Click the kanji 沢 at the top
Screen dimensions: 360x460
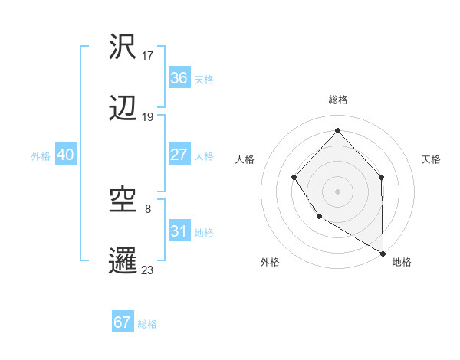coord(124,47)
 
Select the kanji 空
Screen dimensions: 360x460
coord(124,200)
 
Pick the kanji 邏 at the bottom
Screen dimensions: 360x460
coord(124,260)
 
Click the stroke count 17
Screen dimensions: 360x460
coord(148,56)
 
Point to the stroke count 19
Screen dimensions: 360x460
coord(148,117)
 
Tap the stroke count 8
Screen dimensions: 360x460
coord(148,208)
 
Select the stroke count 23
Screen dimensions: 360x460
coord(148,270)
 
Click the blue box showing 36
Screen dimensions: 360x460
coord(179,78)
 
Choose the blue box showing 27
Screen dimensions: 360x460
coord(179,155)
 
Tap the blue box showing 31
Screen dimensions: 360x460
coord(179,231)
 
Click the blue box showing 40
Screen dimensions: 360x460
coord(66,155)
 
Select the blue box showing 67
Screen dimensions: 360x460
coord(123,322)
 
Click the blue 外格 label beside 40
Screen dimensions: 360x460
coord(41,155)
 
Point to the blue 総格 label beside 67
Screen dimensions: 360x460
coord(147,324)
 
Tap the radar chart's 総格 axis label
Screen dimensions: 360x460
coord(337,100)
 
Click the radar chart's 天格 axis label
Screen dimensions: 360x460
coord(432,159)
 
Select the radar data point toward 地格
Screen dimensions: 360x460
coord(383,253)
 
